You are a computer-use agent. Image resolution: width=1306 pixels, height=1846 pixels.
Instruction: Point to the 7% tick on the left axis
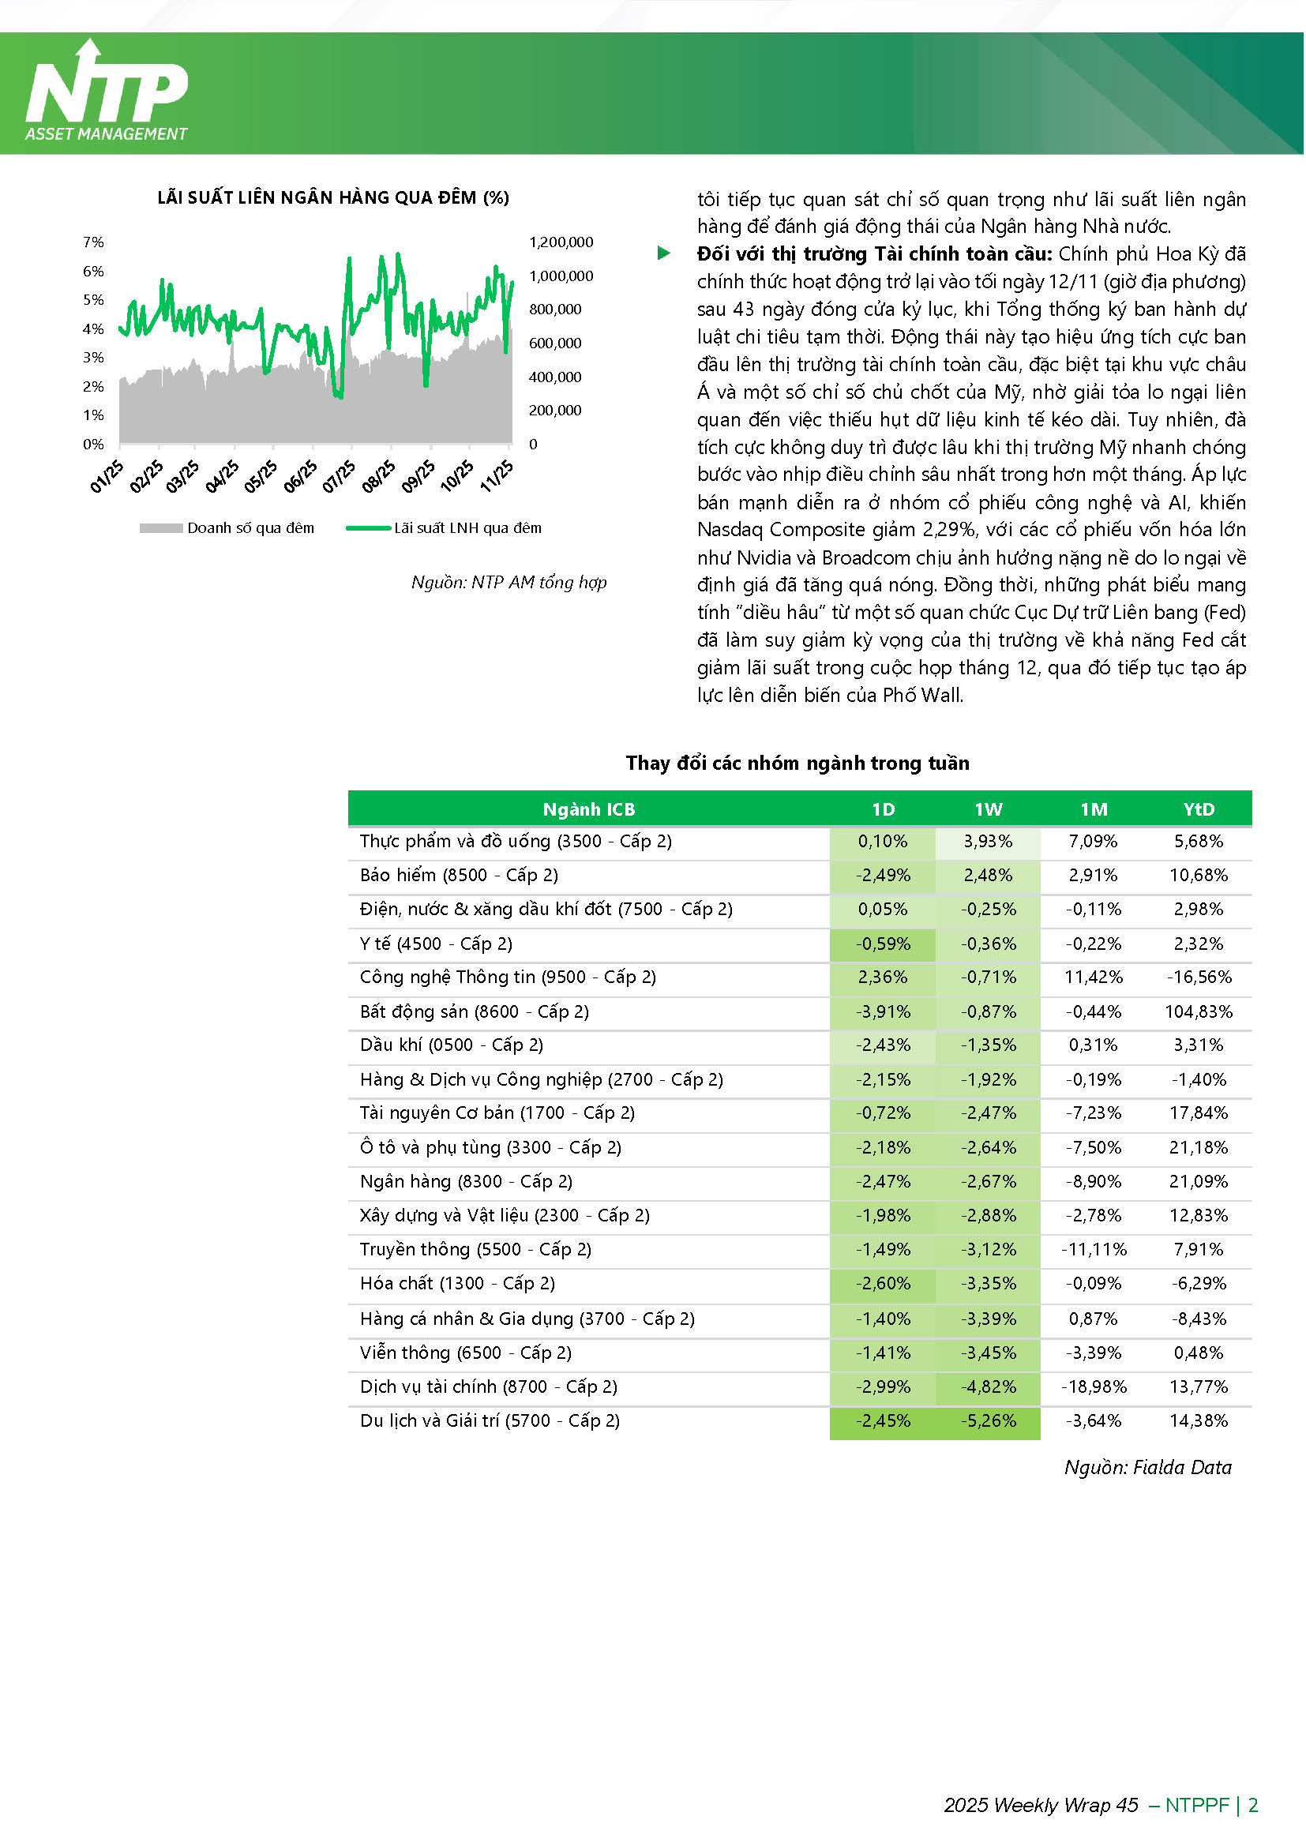click(93, 242)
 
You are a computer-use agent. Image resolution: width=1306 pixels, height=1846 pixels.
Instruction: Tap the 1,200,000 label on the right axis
click(561, 242)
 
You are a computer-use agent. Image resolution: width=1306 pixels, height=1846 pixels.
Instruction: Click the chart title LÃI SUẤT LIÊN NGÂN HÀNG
click(333, 197)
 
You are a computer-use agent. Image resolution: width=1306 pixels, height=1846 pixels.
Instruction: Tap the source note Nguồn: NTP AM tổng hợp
click(509, 582)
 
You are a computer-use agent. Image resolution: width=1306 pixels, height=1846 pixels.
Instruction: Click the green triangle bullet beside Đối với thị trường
click(663, 254)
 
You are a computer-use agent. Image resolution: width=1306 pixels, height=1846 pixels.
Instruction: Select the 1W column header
click(989, 809)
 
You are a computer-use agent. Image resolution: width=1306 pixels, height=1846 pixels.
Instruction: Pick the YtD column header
click(1199, 809)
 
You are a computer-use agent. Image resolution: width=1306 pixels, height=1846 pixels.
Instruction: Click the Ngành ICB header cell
click(589, 809)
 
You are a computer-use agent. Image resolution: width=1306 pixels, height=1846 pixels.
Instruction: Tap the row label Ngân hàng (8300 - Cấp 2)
click(467, 1182)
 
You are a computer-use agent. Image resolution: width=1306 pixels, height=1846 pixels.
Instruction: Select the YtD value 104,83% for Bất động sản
click(1199, 1012)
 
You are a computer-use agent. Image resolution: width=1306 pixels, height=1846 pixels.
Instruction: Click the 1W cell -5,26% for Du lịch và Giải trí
click(989, 1421)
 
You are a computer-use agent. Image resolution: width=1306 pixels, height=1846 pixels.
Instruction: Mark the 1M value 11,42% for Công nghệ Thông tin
click(1094, 977)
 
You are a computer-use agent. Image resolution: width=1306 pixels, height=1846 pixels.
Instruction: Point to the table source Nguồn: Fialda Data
click(1147, 1468)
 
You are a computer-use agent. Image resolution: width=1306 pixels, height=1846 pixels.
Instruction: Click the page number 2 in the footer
click(1253, 1806)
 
